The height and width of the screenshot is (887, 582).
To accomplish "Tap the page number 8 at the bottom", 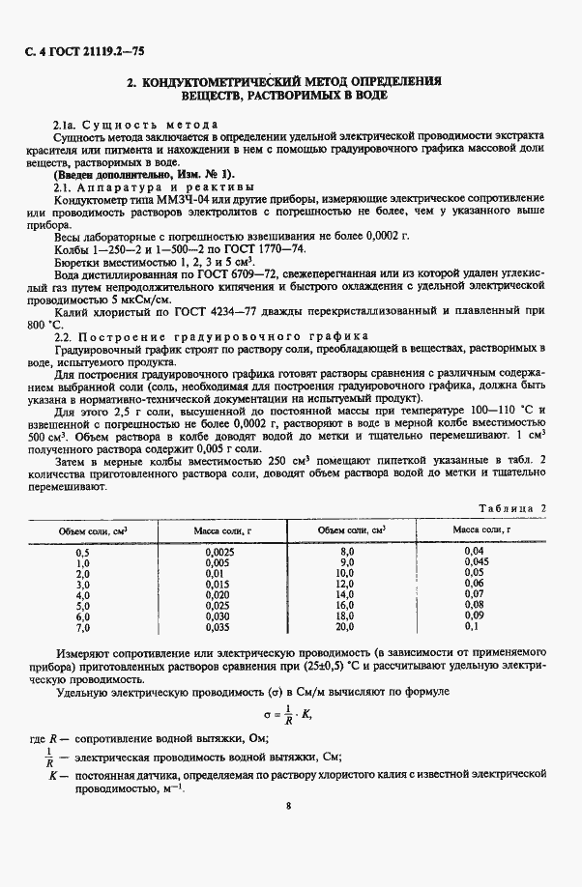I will coord(288,804).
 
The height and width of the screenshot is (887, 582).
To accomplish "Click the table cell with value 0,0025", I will coord(218,551).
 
